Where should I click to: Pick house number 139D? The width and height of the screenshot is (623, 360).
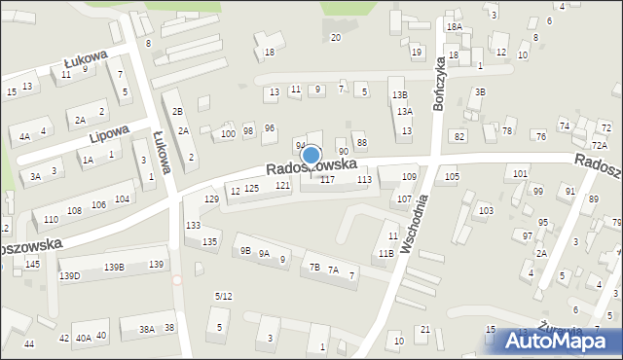69,275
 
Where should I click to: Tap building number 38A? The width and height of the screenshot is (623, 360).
146,329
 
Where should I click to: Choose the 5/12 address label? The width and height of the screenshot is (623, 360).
223,295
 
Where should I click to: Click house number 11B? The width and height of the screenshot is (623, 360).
386,253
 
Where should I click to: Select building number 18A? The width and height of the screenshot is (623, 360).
455,27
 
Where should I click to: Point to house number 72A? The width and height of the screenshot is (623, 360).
599,145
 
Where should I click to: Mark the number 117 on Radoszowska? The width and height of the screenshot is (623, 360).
327,180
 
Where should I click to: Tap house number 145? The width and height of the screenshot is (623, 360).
32,264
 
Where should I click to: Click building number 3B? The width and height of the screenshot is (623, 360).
480,92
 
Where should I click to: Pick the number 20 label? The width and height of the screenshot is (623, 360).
336,37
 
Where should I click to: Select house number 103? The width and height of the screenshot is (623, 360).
486,210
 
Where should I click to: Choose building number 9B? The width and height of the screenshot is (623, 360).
244,250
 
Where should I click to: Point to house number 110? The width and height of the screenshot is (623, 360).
50,218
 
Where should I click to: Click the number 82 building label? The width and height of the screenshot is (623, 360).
459,136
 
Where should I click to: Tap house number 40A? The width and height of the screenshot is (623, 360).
84,338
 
